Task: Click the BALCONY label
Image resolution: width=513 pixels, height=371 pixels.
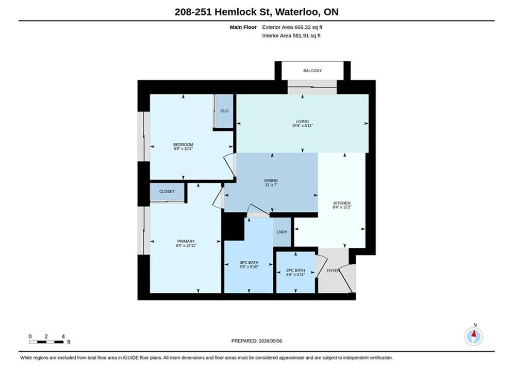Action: point(312,71)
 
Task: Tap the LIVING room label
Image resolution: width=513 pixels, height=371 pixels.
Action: point(302,121)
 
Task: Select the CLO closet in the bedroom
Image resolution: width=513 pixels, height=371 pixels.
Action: point(224,111)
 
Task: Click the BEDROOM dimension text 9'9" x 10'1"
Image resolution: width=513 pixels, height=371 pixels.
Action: point(183,149)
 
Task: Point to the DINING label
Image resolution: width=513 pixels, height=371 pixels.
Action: point(271,180)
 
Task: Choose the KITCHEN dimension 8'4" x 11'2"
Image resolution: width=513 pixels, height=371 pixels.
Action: point(342,207)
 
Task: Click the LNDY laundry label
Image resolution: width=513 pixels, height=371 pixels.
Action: point(282,232)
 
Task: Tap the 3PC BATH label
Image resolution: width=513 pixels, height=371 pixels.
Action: point(249,262)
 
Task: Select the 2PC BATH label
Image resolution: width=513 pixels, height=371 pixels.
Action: point(295,271)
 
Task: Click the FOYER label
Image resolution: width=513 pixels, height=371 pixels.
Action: point(333,271)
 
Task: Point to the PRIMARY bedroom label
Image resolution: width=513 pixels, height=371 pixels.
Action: point(186,241)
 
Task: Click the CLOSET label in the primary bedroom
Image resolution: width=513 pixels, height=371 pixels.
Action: point(167,192)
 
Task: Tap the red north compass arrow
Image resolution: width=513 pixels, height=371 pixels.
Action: point(473,334)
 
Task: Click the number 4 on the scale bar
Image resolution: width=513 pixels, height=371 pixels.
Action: point(63,336)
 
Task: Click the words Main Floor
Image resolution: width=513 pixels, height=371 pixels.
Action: point(243,27)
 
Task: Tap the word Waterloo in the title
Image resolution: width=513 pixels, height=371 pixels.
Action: point(297,12)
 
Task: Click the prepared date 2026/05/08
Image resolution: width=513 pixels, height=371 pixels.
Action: point(270,341)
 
